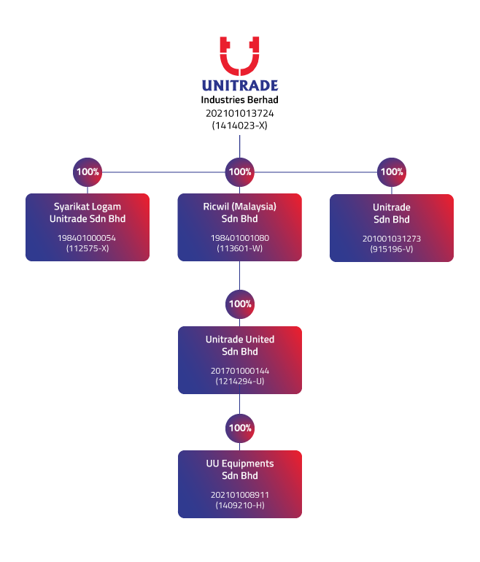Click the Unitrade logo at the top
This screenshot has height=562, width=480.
(239, 64)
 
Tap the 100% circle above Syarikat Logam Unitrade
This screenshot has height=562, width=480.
(88, 172)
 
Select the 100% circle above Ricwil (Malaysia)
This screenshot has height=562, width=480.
(240, 172)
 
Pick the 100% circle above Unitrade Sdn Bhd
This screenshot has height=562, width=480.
(392, 172)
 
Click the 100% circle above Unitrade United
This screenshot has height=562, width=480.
(240, 304)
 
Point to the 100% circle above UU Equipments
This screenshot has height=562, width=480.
(240, 428)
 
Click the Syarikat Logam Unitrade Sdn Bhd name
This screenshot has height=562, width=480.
(88, 212)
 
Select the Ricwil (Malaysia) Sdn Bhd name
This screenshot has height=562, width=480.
(240, 212)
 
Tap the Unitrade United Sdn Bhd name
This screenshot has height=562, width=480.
(240, 345)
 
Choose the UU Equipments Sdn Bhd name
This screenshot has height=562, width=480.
(240, 469)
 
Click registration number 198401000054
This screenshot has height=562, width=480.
(88, 238)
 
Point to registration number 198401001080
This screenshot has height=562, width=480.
(240, 238)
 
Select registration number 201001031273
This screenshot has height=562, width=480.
(392, 239)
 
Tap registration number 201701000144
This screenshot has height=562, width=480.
(240, 371)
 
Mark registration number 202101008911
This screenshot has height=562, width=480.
(240, 495)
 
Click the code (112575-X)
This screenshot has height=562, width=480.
(88, 248)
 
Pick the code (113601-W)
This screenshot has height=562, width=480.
(240, 248)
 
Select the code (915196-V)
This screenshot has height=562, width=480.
(392, 249)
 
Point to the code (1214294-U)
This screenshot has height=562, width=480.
(240, 381)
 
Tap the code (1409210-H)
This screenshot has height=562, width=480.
(240, 505)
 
